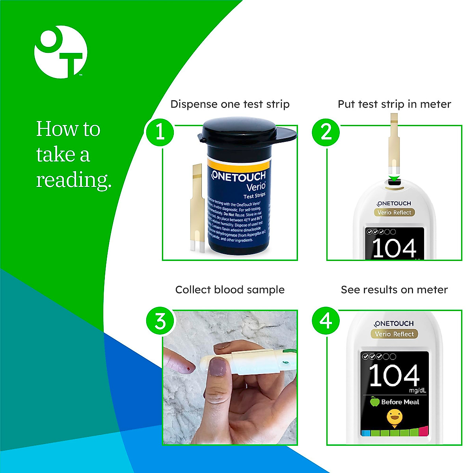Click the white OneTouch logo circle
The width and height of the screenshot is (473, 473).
tap(61, 52)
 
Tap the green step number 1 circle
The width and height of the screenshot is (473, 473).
tap(160, 132)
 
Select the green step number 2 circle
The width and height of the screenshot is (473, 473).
tap(326, 132)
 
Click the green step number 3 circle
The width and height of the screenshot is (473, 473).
tap(160, 320)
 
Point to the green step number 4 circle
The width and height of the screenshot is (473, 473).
tap(326, 320)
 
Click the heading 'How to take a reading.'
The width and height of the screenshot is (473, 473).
tap(73, 155)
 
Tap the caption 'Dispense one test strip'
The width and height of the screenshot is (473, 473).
tap(230, 104)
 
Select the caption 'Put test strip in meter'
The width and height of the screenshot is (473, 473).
tap(394, 104)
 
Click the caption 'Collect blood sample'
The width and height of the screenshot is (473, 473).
tap(230, 290)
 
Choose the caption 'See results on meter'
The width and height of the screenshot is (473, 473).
tap(394, 290)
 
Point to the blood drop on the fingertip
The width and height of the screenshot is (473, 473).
tap(189, 369)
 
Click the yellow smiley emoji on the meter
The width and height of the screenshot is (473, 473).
tap(394, 416)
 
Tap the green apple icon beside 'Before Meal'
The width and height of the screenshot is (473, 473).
tap(374, 402)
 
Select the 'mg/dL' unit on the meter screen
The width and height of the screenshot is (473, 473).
tap(417, 391)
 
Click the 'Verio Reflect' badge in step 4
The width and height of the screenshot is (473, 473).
tap(394, 334)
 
